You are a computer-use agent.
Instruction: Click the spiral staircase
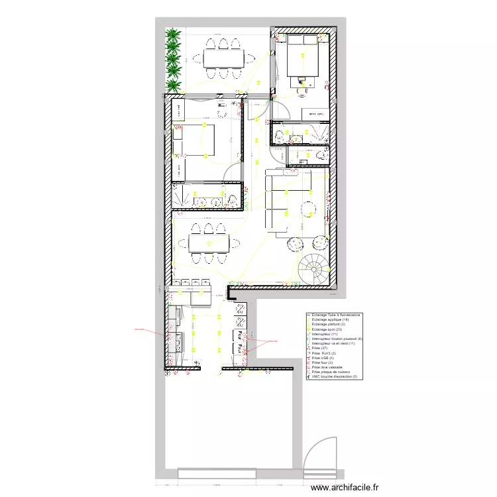point(313,269)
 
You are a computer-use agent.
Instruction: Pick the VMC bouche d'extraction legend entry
point(335,377)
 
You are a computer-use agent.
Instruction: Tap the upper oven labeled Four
point(237,334)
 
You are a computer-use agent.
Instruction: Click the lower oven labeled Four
point(237,348)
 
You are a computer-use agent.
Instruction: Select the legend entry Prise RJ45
point(324,353)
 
